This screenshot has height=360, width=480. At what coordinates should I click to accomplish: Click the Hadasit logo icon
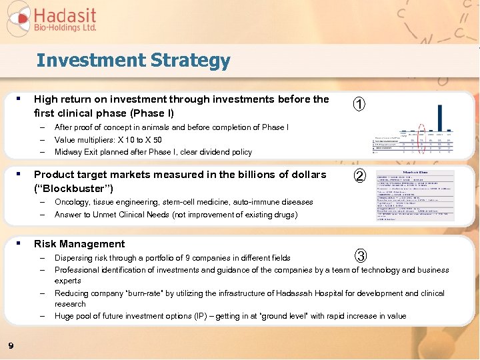coord(18,18)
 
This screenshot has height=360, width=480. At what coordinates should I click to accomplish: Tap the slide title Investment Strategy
coord(133,61)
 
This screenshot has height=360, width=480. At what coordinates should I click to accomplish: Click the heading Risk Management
coord(79,244)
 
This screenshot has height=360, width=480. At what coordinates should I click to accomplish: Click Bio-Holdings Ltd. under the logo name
coord(65,29)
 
